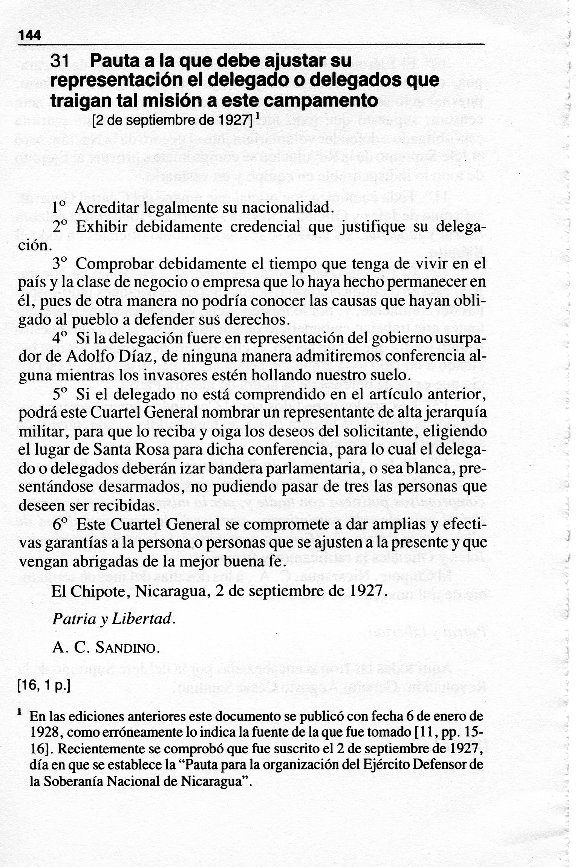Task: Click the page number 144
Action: click(29, 35)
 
